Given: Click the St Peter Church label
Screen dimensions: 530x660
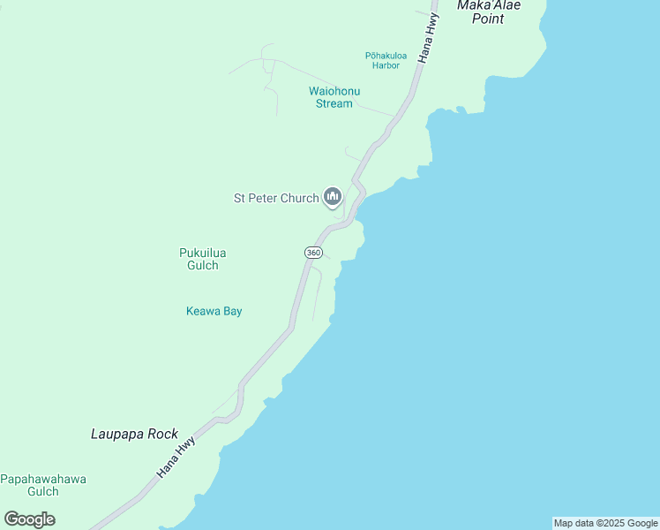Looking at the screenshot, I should click(x=276, y=198).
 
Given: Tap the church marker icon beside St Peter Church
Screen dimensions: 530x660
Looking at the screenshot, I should click(x=333, y=196).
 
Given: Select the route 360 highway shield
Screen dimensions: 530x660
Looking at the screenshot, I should click(x=313, y=253).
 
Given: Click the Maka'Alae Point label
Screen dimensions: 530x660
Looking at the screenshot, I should click(x=488, y=11).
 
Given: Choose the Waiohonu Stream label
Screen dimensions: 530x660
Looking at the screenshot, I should click(x=334, y=97).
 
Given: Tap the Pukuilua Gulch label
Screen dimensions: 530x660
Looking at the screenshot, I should click(x=203, y=259).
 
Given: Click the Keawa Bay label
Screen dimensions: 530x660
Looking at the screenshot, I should click(x=214, y=311).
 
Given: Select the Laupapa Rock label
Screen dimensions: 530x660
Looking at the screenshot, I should click(x=134, y=435).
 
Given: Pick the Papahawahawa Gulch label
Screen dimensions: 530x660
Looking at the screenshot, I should click(x=43, y=485).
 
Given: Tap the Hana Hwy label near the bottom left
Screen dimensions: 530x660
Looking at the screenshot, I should click(x=176, y=457).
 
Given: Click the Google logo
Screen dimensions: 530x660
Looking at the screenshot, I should click(x=30, y=519).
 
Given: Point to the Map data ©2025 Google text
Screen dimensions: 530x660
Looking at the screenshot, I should click(x=605, y=523).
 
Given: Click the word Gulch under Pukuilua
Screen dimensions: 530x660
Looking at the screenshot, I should click(x=203, y=265).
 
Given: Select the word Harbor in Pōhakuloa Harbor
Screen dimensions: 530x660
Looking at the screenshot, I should click(x=386, y=65).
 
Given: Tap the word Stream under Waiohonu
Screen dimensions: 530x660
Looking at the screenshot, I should click(x=334, y=103).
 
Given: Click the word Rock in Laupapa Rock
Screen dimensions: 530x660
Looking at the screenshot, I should click(x=162, y=435).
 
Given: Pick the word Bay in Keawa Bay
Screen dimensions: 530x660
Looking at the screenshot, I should click(x=232, y=311).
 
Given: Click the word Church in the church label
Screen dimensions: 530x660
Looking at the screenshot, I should click(x=299, y=198).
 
